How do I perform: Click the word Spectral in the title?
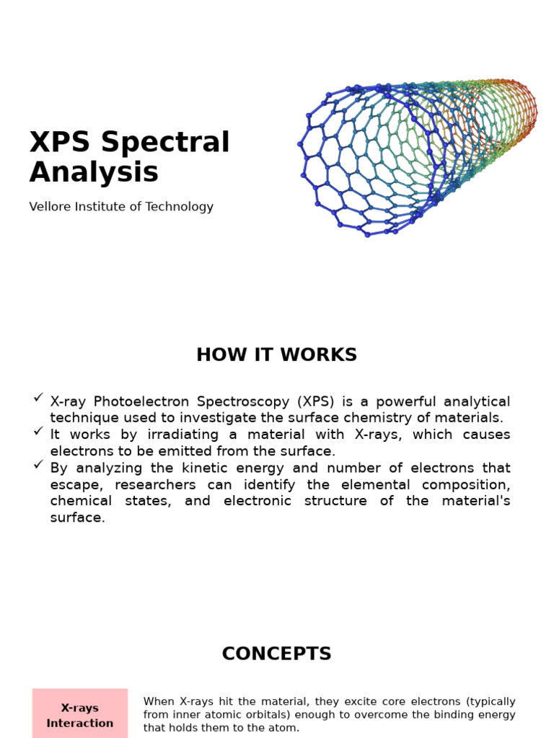coord(165,143)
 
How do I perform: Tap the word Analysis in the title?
coord(94,173)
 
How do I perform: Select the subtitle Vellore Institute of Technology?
coord(121,207)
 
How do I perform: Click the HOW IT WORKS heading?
coord(276,355)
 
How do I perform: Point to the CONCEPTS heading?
coord(276,654)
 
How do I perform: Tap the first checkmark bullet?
coord(38,398)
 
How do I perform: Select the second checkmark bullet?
coord(38,431)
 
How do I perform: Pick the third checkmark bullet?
coord(38,464)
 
